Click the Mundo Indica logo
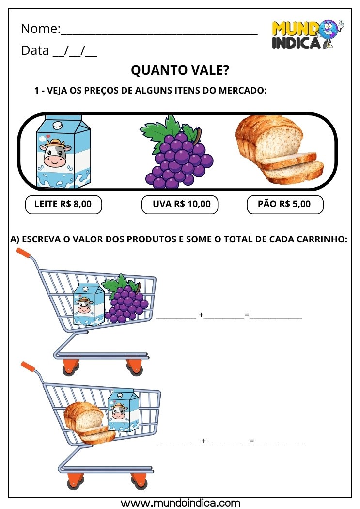(x=307, y=34)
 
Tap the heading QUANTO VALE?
(x=180, y=71)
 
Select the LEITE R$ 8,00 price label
(x=63, y=204)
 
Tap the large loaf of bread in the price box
(x=279, y=149)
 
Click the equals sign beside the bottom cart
(x=251, y=441)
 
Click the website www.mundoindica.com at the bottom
(x=180, y=503)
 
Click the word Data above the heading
(x=35, y=50)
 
